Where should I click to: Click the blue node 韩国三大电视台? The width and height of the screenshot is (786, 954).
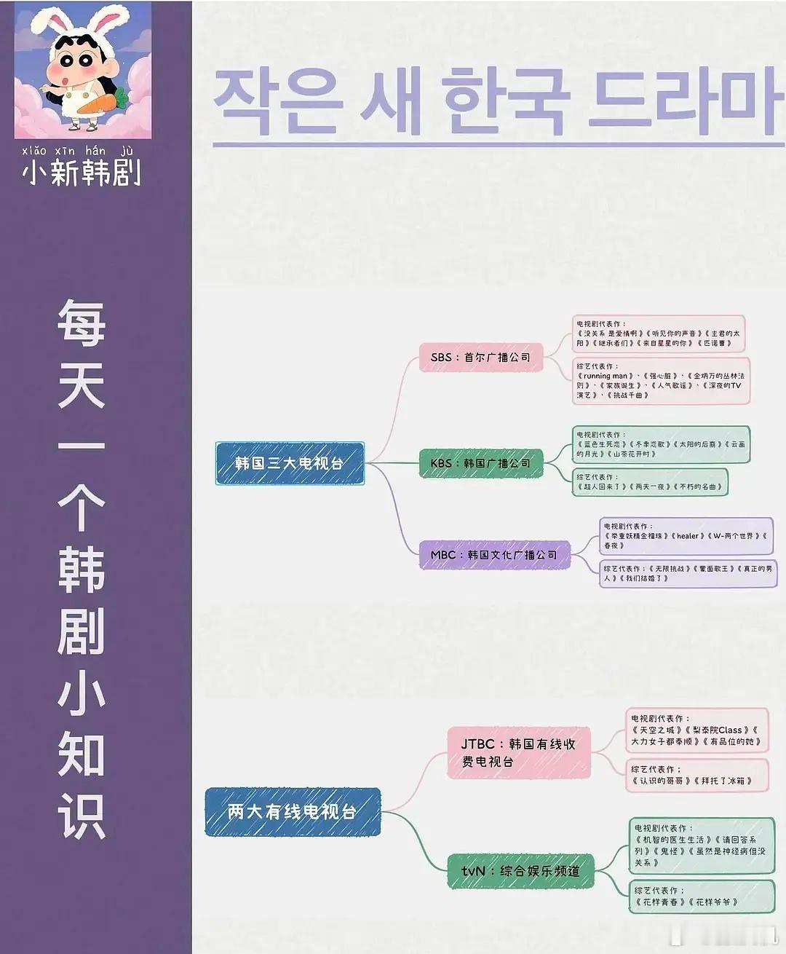[x=290, y=463]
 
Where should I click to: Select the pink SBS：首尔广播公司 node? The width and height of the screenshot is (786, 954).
[x=481, y=358]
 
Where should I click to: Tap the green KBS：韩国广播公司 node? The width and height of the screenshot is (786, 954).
[x=481, y=463]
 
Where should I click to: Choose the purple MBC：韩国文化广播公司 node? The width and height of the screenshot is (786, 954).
[x=495, y=555]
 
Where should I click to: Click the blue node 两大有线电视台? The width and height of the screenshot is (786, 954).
[x=293, y=811]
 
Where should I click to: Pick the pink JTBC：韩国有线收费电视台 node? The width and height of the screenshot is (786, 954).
[x=518, y=753]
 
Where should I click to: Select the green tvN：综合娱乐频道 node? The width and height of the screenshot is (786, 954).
[x=521, y=871]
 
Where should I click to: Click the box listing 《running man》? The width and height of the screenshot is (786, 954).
[x=661, y=381]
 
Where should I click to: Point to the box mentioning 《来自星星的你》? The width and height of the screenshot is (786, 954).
[x=658, y=334]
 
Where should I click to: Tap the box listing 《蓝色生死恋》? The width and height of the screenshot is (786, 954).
[x=661, y=444]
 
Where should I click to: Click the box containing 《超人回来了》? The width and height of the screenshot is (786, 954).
[x=650, y=482]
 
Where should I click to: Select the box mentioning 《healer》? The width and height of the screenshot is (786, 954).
[x=685, y=535]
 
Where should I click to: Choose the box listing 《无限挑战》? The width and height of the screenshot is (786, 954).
[x=688, y=573]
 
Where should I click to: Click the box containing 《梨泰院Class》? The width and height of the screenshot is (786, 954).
[x=696, y=730]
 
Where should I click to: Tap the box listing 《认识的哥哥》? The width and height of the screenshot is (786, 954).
[x=696, y=775]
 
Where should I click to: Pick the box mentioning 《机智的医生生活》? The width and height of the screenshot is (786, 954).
[x=701, y=845]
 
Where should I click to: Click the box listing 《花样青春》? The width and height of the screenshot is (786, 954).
[x=701, y=896]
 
